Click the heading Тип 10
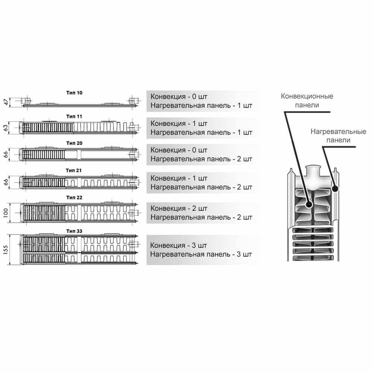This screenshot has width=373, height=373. coord(74,93)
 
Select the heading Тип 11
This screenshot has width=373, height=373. coord(74,116)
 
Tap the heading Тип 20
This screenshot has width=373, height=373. coord(74,143)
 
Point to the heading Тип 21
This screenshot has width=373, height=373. coord(74,170)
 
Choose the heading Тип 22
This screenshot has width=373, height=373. coord(74,197)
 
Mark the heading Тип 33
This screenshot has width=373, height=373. coord(74,231)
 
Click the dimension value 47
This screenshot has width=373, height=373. coord(6,102)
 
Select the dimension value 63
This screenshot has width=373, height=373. coord(6,128)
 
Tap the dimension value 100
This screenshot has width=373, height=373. coord(6,213)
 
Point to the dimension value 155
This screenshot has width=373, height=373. coord(6,250)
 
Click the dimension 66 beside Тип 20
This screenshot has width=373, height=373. coord(6,155)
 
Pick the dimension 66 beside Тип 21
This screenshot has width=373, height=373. coord(6,182)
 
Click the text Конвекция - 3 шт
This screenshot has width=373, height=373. coord(178,245)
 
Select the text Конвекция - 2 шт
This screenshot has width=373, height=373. coord(179,209)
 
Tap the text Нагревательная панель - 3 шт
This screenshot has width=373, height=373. coord(201,254)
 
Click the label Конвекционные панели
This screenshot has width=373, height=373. coord(307,101)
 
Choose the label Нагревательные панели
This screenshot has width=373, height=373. coord(338,136)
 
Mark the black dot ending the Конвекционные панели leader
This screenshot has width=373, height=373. coord(309,204)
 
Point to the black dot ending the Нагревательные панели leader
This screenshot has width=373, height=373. coord(335,189)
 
